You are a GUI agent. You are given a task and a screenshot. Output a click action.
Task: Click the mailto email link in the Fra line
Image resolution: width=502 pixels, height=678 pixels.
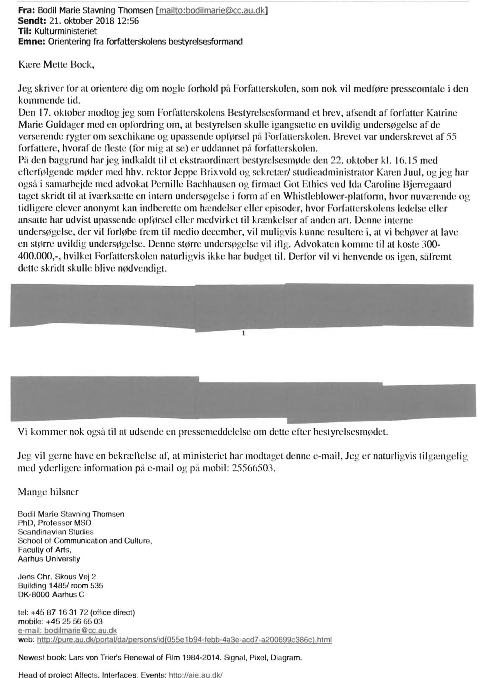coord(212,11)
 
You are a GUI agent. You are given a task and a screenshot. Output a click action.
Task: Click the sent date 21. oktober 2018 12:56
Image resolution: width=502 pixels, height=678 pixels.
coord(91,21)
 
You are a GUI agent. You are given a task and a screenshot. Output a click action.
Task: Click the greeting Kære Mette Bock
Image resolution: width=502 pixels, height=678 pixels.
coord(56,65)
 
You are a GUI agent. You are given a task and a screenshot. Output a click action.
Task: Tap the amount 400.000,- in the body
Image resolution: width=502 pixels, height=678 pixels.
coord(35,257)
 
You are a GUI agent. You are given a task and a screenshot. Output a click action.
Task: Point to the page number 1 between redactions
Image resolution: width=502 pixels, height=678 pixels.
coord(243,334)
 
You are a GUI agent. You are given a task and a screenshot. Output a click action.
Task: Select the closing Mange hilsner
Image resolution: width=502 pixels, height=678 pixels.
coord(48,492)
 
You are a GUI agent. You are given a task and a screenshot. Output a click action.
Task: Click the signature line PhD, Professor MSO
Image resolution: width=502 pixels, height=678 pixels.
coord(55,523)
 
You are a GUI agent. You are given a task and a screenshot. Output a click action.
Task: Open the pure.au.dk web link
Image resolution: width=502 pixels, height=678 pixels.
coord(184,640)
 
